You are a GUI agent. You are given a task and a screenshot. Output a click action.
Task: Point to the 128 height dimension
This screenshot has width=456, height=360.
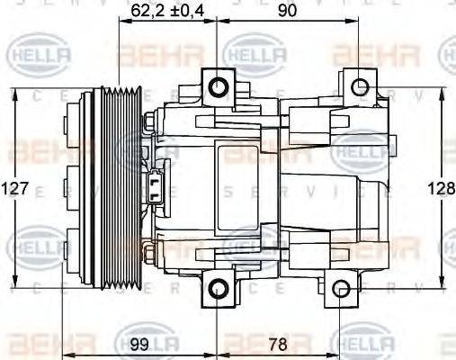tap(442, 189)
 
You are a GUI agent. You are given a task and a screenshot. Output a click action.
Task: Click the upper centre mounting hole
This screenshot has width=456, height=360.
tap(219, 87)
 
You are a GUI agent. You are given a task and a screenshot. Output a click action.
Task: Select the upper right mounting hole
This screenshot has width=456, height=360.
tap(360, 87)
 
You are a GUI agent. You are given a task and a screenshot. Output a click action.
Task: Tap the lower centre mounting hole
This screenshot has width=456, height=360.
tap(219, 289)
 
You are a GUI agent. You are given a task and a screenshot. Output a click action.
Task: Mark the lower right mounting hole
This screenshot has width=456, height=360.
tap(340, 289)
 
